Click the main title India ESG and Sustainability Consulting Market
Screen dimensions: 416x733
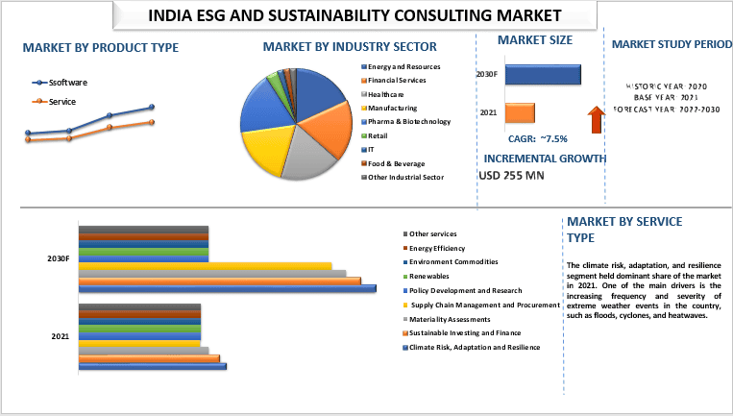[354, 15]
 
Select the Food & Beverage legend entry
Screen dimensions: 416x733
[395, 163]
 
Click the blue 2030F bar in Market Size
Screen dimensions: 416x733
[542, 74]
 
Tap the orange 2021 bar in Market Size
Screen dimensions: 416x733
[520, 112]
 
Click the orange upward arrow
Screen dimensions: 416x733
[596, 119]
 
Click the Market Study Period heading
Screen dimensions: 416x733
[665, 44]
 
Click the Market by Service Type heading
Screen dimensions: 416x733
[624, 229]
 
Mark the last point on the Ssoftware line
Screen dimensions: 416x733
[152, 108]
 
